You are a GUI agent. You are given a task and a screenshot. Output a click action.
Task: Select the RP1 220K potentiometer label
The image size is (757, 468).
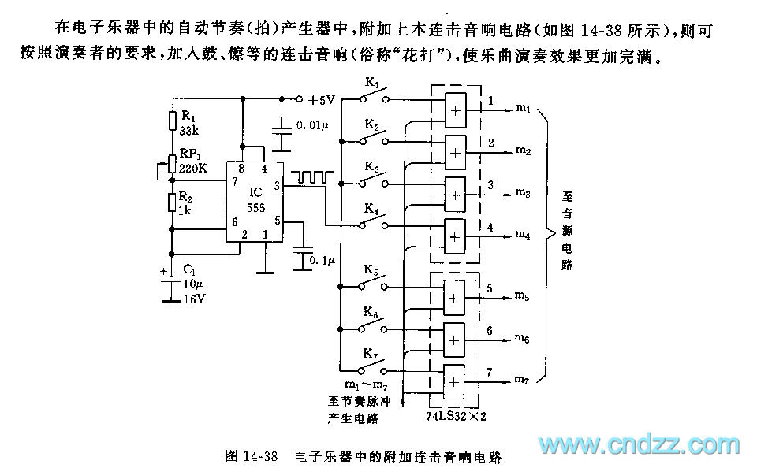tap(194, 161)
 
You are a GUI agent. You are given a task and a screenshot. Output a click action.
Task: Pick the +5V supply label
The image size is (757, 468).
tap(322, 100)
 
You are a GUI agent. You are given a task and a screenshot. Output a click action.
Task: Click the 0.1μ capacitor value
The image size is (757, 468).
tap(322, 259)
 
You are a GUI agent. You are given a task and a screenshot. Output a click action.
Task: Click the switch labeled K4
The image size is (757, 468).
tap(373, 221)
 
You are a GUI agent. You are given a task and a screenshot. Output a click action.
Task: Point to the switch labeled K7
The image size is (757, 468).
tap(373, 366)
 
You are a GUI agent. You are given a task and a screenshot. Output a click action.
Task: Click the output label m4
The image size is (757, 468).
tap(523, 234)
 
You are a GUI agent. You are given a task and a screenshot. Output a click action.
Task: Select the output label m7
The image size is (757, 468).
tap(523, 381)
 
